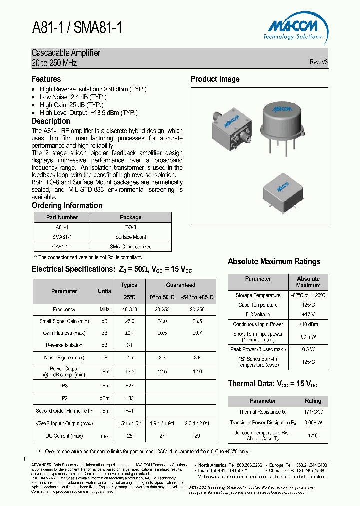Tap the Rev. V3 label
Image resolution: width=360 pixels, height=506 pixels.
point(318,62)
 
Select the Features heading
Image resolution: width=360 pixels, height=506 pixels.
point(46,79)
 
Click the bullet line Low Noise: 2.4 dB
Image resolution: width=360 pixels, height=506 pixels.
point(73,97)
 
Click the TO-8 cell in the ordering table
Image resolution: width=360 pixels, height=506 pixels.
point(131,227)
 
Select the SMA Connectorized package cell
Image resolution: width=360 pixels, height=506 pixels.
point(131,246)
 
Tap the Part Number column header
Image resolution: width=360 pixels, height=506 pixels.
point(62,217)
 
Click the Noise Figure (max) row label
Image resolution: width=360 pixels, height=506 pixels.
point(64,358)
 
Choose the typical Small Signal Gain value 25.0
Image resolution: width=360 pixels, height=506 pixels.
point(129,322)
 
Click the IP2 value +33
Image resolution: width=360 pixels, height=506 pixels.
point(129,398)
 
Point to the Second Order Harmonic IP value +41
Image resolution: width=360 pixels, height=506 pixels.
point(129,411)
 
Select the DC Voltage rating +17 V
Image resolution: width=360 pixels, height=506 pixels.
point(308,314)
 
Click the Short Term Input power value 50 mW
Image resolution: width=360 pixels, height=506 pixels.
point(308,337)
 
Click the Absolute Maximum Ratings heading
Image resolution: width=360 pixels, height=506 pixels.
point(274,262)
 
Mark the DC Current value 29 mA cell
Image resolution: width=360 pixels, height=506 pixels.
point(197,436)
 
